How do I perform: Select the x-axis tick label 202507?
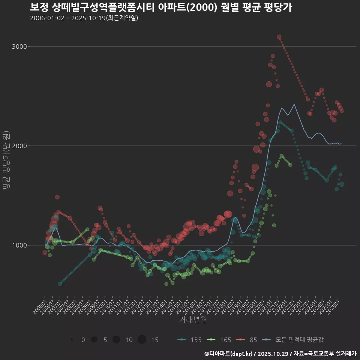(334, 304)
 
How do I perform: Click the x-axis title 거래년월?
(193, 320)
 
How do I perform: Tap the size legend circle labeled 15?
(142, 340)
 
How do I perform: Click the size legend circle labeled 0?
(72, 340)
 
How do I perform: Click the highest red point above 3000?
(279, 37)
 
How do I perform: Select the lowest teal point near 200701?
(60, 284)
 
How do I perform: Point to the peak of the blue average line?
(294, 104)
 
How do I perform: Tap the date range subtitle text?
(84, 18)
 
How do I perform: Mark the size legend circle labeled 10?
(116, 340)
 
